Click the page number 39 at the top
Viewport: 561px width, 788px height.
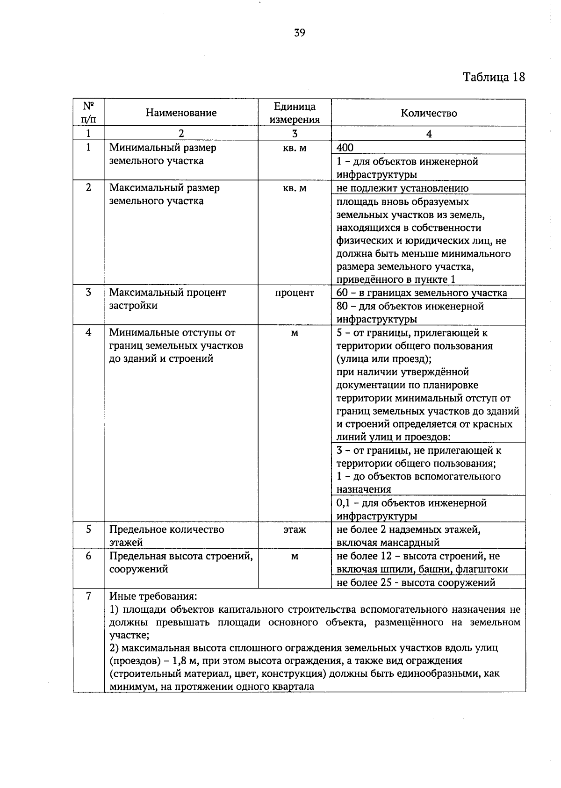300,33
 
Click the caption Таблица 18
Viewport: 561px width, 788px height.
494,77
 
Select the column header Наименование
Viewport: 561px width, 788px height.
181,113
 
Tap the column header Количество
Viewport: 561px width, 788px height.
428,113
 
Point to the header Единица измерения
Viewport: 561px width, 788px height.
295,113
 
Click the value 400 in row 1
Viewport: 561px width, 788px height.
345,148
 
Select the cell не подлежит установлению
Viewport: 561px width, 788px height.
403,188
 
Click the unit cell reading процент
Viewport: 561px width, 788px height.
295,293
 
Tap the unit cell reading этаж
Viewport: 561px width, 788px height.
295,530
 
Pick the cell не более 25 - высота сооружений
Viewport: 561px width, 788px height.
416,582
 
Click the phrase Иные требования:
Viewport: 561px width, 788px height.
153,596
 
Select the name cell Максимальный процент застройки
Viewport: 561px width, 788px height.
167,299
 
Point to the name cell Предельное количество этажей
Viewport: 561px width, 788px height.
166,536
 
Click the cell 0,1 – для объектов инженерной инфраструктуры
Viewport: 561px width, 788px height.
411,509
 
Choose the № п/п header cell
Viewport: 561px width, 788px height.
88,112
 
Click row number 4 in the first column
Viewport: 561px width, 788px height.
88,333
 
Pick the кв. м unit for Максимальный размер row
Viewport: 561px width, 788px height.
295,188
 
